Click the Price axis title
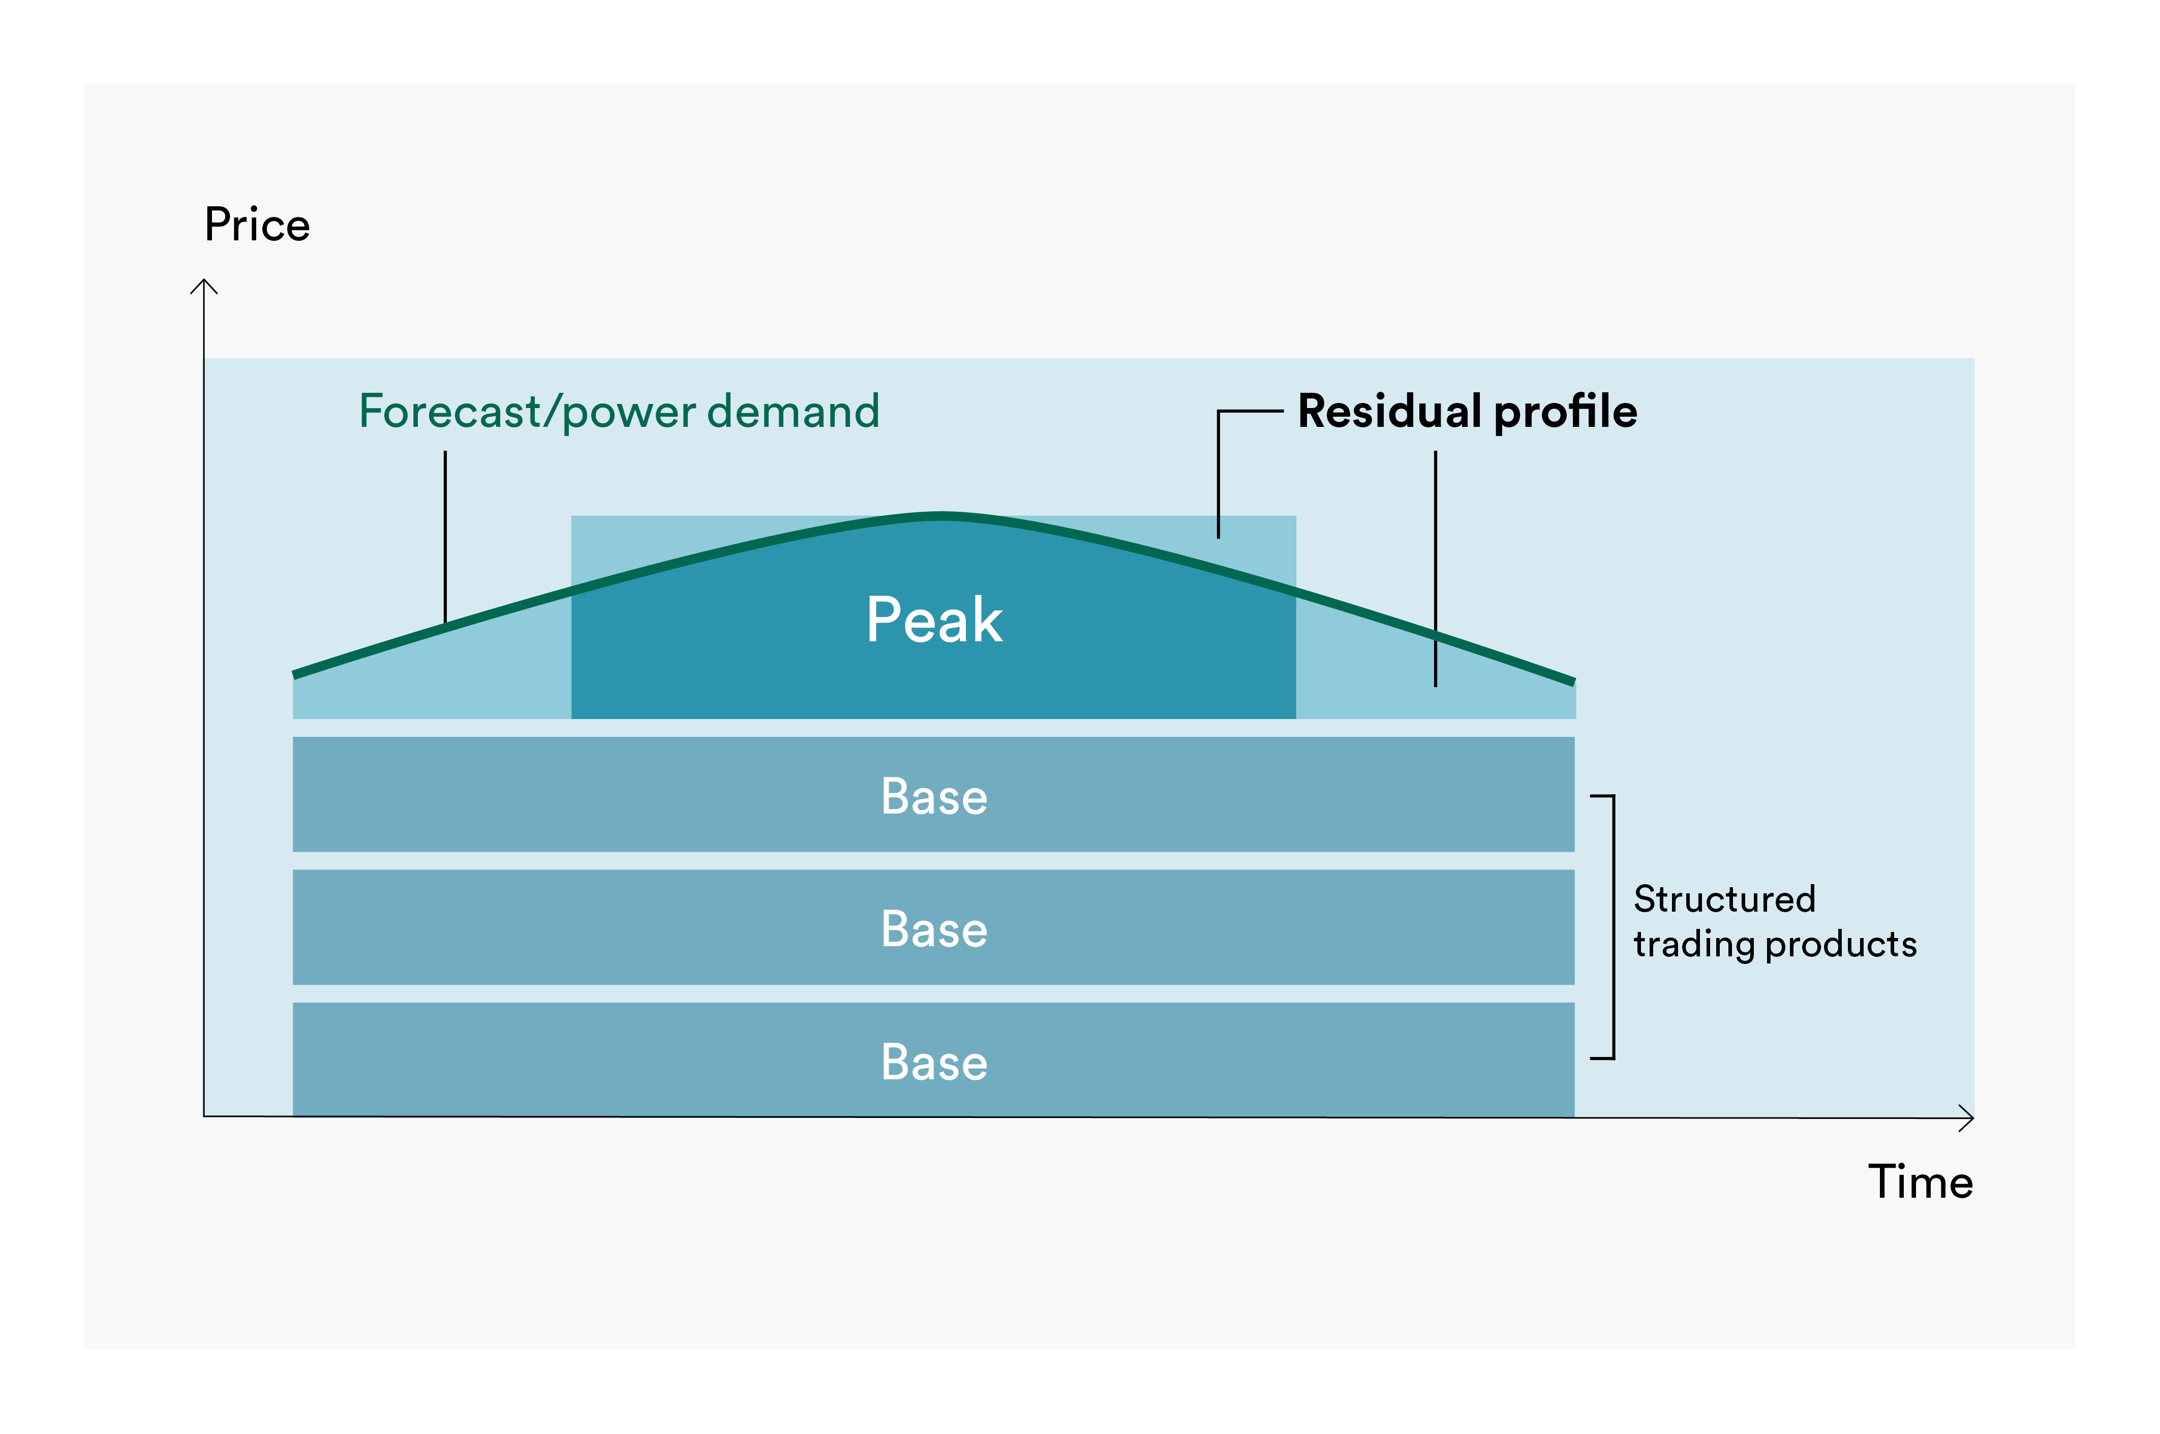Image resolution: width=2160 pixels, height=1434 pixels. [257, 225]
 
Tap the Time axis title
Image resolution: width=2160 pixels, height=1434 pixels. [1920, 1182]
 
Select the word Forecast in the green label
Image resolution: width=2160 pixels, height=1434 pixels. [449, 412]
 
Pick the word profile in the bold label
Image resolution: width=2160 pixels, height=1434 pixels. [1565, 412]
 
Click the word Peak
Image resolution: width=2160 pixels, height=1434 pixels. [934, 620]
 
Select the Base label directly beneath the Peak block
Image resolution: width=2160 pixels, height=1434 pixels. [934, 797]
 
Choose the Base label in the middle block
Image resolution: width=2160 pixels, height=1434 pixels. [934, 929]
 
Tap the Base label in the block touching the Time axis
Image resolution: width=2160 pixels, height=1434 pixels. [934, 1063]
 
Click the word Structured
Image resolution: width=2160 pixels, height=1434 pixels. [1724, 900]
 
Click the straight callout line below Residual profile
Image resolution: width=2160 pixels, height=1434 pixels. [1436, 567]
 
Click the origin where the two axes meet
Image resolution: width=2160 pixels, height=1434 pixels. [204, 1116]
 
